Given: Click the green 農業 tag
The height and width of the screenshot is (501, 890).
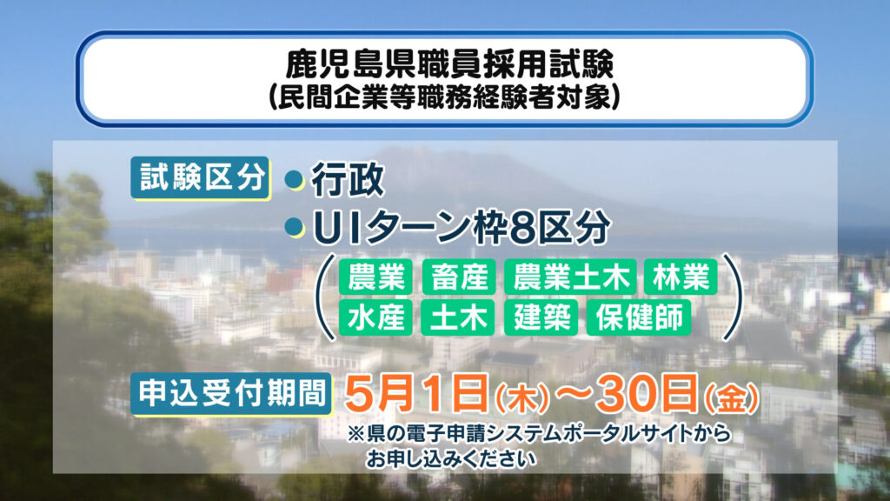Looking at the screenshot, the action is click(375, 277).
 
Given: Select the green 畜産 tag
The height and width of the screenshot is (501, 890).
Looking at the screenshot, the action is click(459, 277).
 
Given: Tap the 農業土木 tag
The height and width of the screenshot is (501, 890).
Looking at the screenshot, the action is click(570, 277).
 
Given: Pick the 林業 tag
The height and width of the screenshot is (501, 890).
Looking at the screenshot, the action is click(681, 277).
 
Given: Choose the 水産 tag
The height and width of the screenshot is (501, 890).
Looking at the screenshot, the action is click(375, 317).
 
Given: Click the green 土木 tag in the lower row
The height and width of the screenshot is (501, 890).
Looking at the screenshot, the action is click(458, 317).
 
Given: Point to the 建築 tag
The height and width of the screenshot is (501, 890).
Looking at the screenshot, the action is click(541, 317).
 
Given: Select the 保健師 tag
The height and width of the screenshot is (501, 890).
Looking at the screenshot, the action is click(639, 317).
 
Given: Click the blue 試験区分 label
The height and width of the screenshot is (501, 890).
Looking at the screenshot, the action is click(201, 177).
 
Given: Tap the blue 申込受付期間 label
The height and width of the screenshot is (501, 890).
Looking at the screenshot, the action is click(231, 394).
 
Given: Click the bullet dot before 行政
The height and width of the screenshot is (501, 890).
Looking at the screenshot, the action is click(294, 180).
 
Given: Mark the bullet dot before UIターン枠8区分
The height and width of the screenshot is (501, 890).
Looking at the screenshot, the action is click(294, 228).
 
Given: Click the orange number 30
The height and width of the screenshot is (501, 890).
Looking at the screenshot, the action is click(624, 393).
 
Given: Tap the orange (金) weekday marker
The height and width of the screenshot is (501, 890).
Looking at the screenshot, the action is click(731, 398).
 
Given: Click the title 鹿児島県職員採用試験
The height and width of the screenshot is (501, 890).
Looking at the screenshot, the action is click(449, 63).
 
